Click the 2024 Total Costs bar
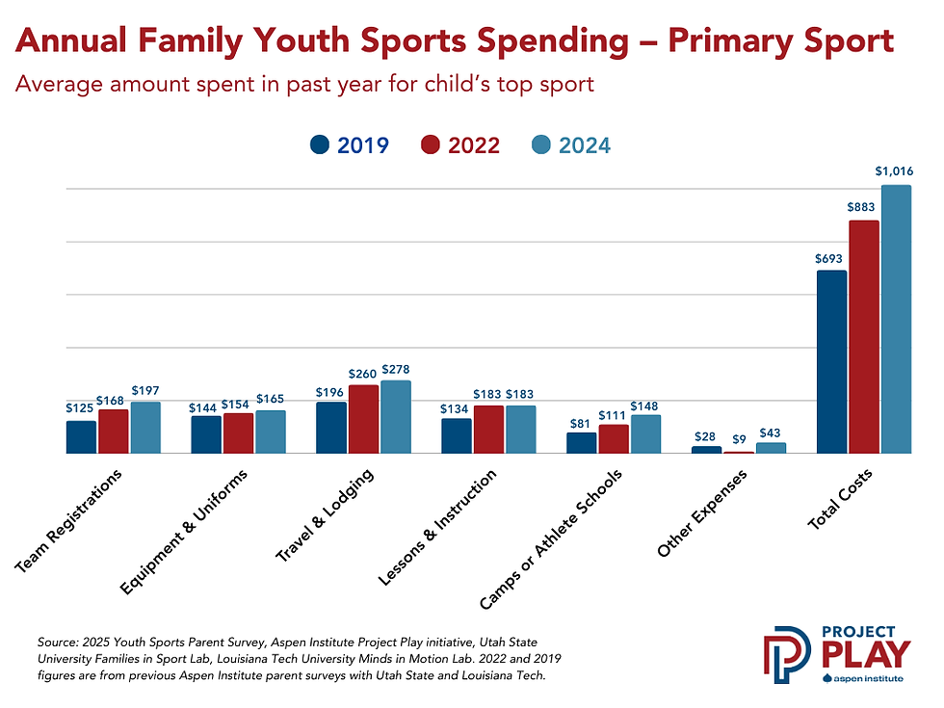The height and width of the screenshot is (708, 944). point(896,319)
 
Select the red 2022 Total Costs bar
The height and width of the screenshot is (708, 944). point(863,336)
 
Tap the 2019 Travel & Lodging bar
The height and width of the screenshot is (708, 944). point(331,428)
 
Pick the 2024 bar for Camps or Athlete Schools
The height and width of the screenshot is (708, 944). point(645,434)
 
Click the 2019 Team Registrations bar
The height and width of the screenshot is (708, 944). point(81,437)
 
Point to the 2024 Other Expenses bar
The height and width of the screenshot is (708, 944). point(771,448)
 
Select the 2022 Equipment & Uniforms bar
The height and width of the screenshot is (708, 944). point(238,433)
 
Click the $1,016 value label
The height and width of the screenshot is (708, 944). point(894,171)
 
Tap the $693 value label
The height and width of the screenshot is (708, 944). point(831,257)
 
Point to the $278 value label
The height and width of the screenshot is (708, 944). point(396,369)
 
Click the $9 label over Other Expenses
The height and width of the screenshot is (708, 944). point(739,440)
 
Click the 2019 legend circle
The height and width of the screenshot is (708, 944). point(320,145)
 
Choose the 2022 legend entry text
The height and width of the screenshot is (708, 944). point(473,145)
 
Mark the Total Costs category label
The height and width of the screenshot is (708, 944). point(840,498)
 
